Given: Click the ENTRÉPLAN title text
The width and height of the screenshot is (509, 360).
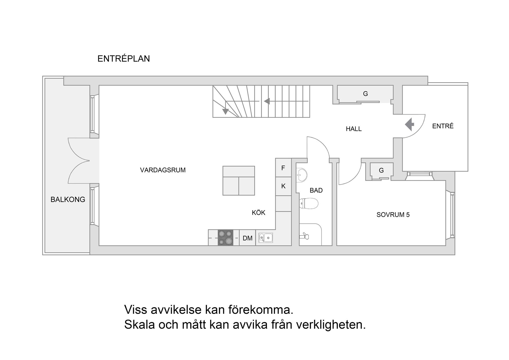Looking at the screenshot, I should coord(124,59).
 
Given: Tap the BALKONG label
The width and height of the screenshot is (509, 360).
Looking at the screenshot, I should coord(68,199).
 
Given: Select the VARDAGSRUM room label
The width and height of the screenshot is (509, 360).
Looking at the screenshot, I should coord(163,170).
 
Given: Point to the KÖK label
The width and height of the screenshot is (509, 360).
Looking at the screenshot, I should coord(258,212).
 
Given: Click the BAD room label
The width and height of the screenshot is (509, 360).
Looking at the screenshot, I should coord(316,190).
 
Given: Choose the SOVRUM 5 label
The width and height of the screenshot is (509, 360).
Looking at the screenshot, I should coord(393,215).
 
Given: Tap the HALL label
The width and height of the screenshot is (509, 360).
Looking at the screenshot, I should coord(354,129).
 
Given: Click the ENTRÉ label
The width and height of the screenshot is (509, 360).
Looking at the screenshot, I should coord(443,126).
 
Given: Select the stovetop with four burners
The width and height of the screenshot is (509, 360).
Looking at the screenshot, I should coord(225,237).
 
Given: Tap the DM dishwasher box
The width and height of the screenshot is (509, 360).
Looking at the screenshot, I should coord(247,238).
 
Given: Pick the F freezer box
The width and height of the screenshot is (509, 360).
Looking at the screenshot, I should coord(283,168).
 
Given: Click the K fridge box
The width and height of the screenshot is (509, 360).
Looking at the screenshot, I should coord(283,186).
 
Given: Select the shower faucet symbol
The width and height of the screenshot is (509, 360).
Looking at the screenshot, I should coord(304,236).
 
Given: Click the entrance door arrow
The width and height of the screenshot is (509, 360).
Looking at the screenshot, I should coord(410,124).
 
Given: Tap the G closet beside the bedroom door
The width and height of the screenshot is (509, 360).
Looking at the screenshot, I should coord(381,170).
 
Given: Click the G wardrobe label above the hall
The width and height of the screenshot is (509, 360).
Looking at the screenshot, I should coord(365,93).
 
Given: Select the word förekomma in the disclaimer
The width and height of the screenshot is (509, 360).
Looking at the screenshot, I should coord(261,310).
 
